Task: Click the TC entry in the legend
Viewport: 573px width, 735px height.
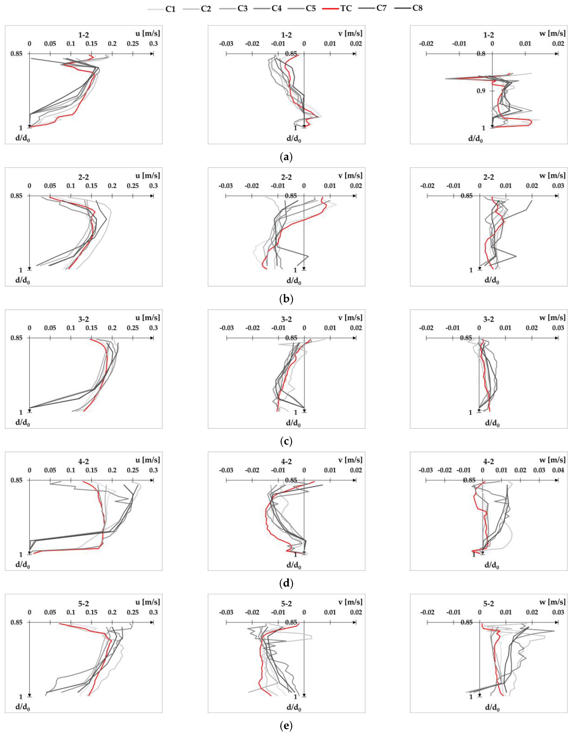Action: [346, 8]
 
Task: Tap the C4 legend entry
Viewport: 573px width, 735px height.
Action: [277, 8]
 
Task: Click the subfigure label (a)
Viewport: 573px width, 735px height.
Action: [286, 157]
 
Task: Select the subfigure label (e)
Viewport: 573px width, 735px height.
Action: [286, 726]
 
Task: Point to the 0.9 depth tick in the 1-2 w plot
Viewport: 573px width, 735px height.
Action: [481, 91]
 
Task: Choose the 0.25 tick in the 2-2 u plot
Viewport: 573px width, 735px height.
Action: [133, 186]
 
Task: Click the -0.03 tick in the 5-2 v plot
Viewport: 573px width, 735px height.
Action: [226, 613]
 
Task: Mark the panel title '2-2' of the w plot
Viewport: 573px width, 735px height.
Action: [489, 177]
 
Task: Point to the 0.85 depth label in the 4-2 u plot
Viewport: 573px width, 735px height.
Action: [16, 480]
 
